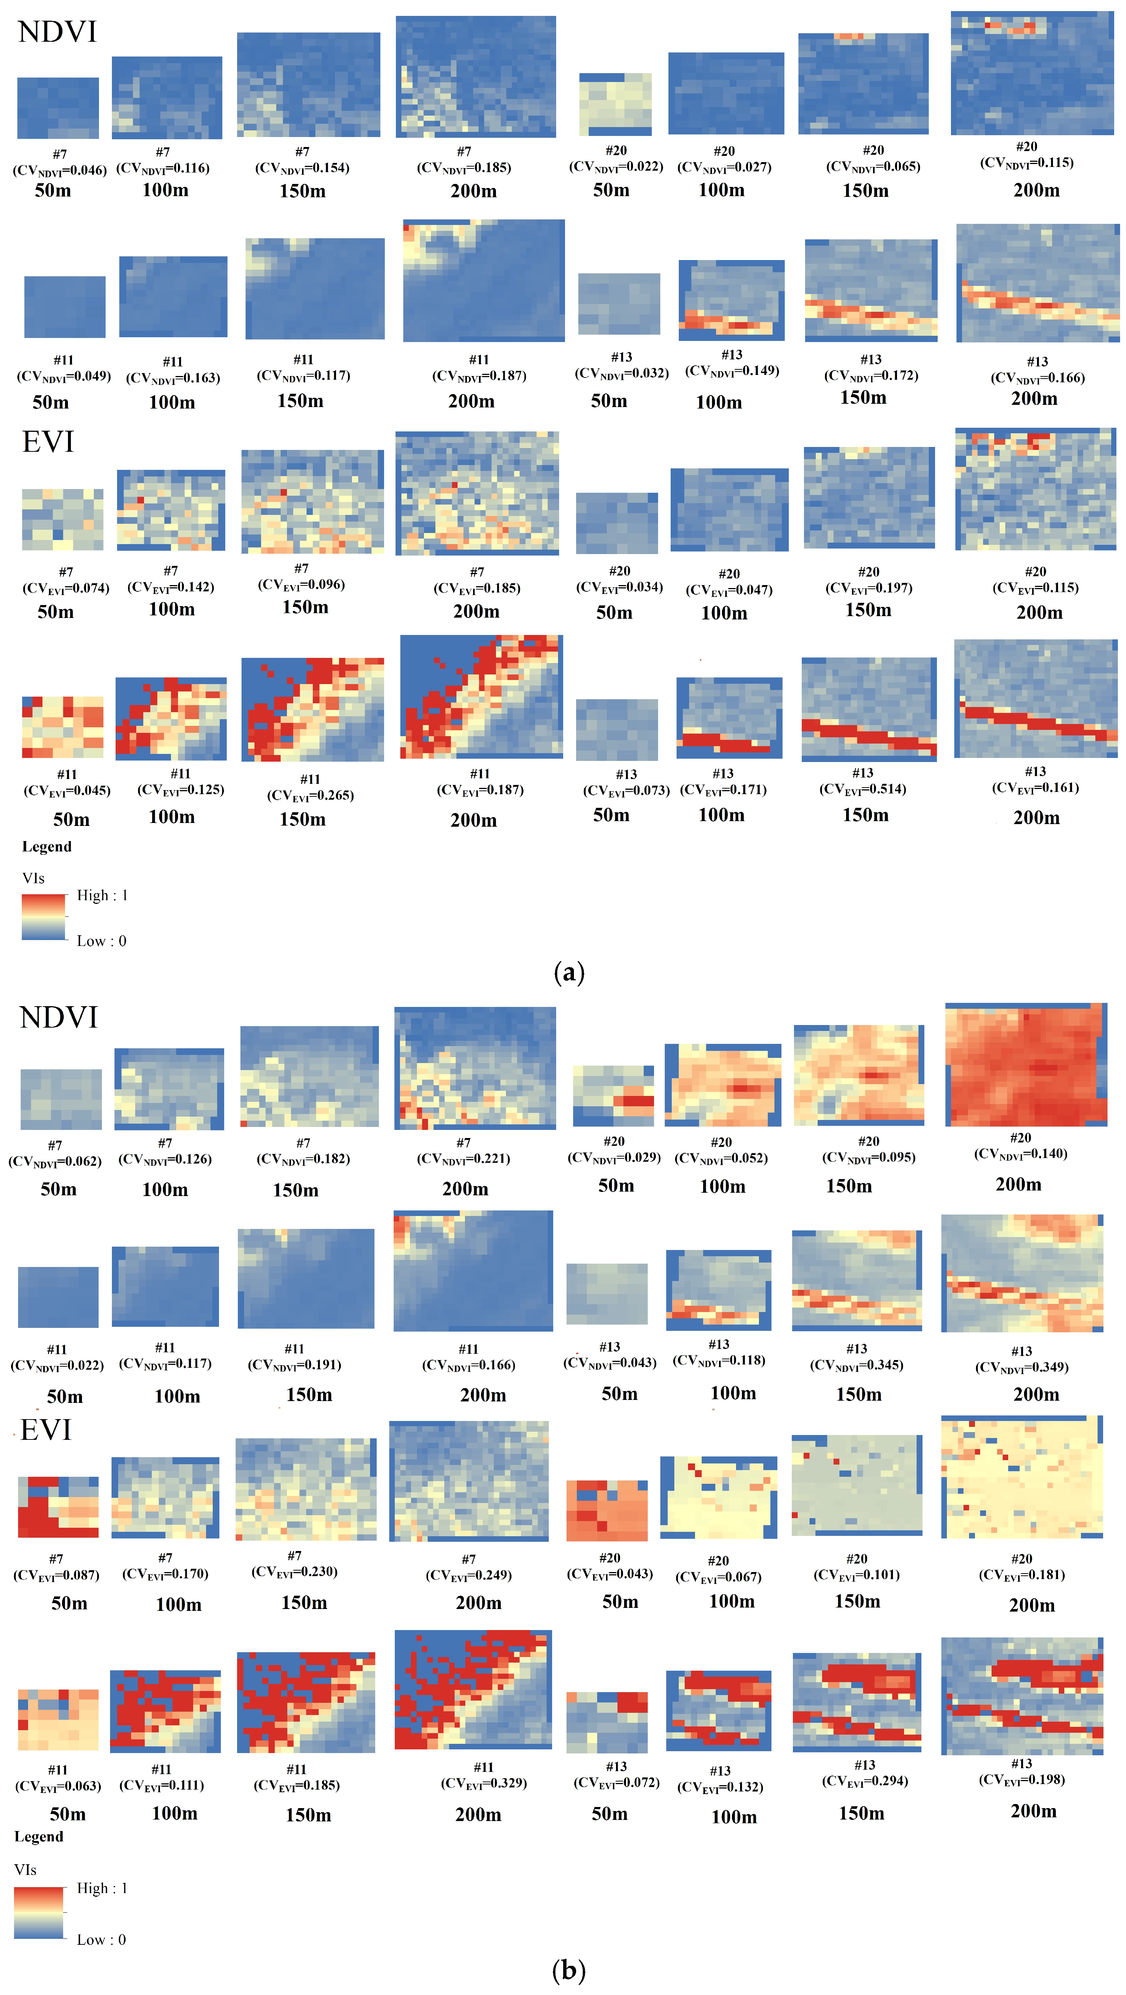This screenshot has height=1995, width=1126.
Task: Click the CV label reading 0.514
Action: coord(863,789)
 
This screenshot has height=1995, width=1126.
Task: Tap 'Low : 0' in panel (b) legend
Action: coord(101,1939)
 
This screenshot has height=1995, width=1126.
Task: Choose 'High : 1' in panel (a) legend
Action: coord(102,895)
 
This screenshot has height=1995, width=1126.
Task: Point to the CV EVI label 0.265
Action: coord(311,795)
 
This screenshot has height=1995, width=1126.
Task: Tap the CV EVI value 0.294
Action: coord(865,1780)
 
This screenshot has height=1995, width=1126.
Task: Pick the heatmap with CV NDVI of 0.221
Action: coord(475,1067)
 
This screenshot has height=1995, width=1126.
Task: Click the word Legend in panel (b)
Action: coord(39,1836)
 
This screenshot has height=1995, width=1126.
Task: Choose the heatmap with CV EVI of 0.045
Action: coord(63,727)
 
